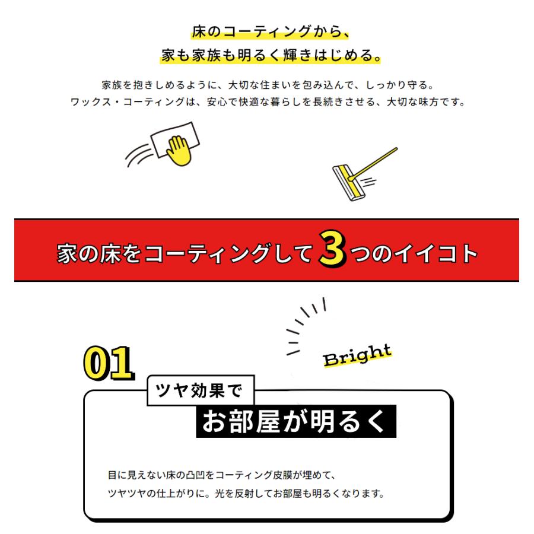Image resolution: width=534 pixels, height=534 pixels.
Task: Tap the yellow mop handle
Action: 374,161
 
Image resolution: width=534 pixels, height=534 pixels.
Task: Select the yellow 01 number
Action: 107,362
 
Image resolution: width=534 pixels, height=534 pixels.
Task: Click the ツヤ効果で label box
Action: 200,390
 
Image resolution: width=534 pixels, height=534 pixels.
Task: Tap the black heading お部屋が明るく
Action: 295,421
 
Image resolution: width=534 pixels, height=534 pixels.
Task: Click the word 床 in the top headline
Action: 199,31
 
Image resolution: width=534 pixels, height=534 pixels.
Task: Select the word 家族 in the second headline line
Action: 212,56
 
